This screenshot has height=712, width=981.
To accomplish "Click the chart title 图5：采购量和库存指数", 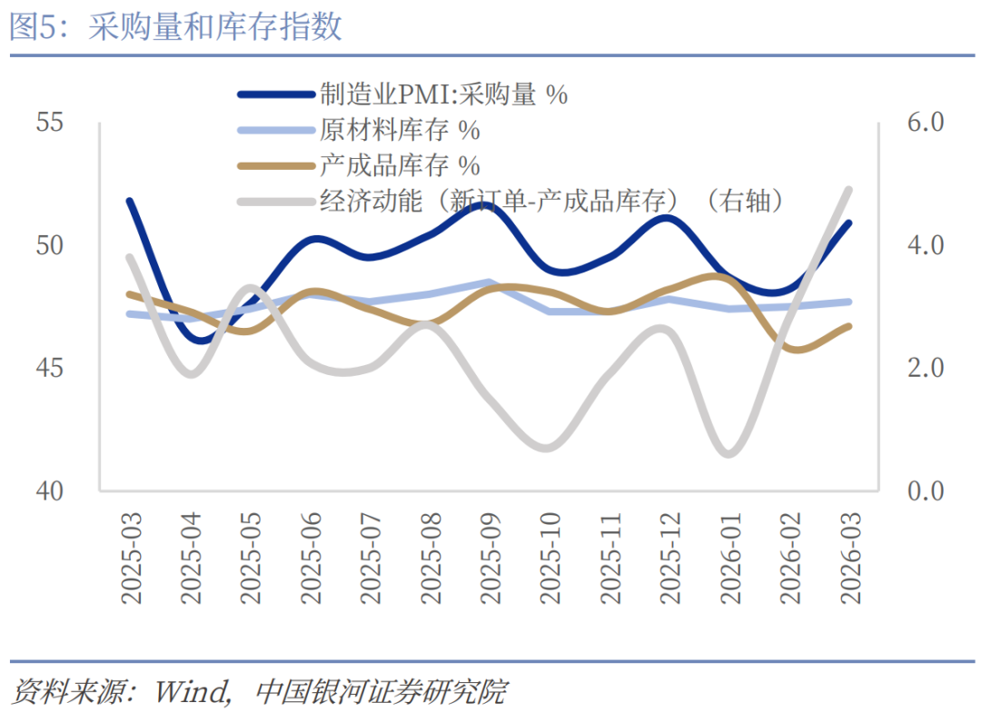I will pyautogui.click(x=176, y=27).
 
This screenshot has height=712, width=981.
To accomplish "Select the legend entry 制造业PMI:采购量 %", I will pyautogui.click(x=442, y=94).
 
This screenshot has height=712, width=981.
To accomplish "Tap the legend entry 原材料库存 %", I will pyautogui.click(x=399, y=130).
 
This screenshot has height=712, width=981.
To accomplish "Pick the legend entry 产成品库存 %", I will pyautogui.click(x=399, y=165).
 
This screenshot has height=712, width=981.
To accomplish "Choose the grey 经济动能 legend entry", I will pyautogui.click(x=550, y=201).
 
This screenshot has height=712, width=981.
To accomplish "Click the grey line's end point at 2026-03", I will pyautogui.click(x=848, y=189).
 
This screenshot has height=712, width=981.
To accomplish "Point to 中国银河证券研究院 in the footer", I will pyautogui.click(x=381, y=691).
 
